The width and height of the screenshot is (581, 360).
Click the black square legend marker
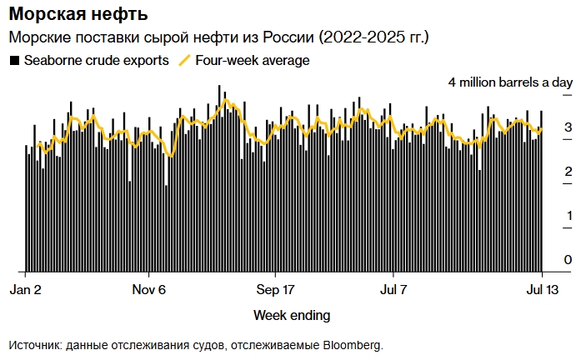[14, 61]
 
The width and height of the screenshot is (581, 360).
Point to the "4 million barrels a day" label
[510, 82]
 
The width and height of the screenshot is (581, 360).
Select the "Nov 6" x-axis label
[149, 290]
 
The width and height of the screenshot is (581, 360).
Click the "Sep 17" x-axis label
[276, 290]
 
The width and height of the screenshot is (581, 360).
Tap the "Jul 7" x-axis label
[393, 290]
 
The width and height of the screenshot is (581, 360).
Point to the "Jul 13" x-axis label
[540, 290]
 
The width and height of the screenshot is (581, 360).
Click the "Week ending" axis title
[291, 315]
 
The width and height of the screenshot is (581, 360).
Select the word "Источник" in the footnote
[33, 344]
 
